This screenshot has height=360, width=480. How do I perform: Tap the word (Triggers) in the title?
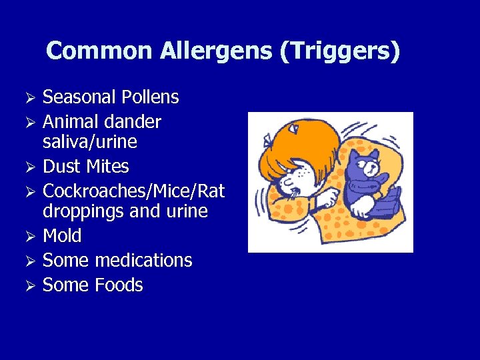pyautogui.click(x=340, y=51)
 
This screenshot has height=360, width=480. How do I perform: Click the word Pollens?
pyautogui.click(x=150, y=97)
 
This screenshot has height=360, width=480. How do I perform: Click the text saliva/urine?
pyautogui.click(x=90, y=142)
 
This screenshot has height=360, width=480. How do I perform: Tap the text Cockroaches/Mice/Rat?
pyautogui.click(x=133, y=191)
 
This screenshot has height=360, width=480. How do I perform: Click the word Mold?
pyautogui.click(x=62, y=236)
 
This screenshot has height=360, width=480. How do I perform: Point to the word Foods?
pyautogui.click(x=119, y=285)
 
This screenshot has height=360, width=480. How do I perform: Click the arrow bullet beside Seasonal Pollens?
pyautogui.click(x=29, y=98)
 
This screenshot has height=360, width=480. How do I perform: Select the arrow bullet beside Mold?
pyautogui.click(x=29, y=237)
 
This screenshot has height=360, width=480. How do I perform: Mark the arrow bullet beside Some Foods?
pyautogui.click(x=29, y=286)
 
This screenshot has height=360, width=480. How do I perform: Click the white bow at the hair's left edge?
pyautogui.click(x=267, y=139)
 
